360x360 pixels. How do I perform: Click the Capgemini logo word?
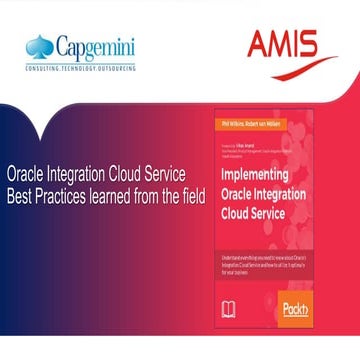(x=97, y=47)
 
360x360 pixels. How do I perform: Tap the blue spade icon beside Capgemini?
(x=41, y=46)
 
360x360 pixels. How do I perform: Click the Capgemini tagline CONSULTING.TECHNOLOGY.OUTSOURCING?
(x=82, y=67)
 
